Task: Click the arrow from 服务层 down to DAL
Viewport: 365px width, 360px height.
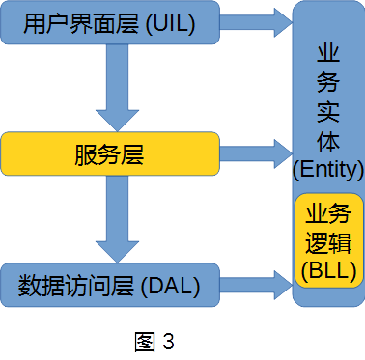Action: [118, 219]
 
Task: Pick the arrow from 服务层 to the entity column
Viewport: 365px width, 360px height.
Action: [255, 151]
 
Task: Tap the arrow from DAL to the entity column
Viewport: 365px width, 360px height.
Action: [255, 282]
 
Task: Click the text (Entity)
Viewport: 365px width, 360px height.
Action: [328, 171]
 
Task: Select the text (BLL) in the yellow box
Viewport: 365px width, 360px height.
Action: [328, 270]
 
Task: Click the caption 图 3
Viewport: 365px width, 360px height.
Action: [154, 341]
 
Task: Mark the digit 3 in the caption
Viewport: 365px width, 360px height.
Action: [168, 341]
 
